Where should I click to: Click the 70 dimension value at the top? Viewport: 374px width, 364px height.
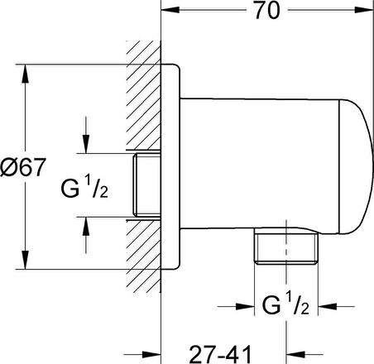click(267, 11)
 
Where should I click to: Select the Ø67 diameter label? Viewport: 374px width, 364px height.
click(22, 167)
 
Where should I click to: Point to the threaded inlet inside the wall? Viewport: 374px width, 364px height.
click(146, 184)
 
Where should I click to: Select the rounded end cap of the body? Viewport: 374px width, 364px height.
click(356, 167)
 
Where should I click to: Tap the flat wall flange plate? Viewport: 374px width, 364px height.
click(170, 167)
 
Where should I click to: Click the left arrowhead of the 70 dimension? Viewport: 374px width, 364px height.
click(170, 10)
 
